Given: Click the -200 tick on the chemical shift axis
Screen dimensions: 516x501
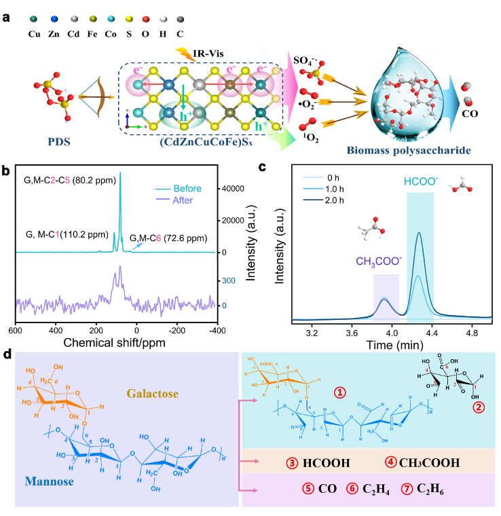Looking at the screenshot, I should [x=178, y=329].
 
